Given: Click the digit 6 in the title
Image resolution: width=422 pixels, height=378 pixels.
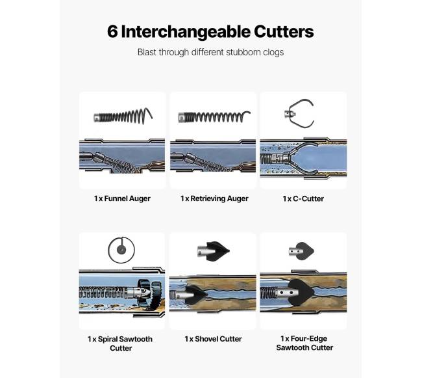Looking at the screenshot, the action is [x=112, y=31].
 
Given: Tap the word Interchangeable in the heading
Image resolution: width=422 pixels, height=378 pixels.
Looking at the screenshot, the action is [x=186, y=31].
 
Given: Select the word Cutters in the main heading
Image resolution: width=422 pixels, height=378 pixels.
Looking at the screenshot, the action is [x=284, y=31].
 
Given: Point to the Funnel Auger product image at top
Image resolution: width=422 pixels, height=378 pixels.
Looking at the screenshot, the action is [x=123, y=116].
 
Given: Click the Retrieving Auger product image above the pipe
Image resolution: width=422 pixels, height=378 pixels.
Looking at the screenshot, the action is [x=214, y=116].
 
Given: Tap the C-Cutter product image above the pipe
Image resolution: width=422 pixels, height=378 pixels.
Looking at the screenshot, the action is [x=299, y=113].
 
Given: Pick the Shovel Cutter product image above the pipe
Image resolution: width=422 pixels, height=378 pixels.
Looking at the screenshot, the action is [x=213, y=252].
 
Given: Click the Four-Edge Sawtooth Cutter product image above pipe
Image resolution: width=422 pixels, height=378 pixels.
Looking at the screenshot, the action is [x=301, y=251].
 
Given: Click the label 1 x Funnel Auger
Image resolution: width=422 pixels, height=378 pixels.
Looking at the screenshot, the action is [x=122, y=198].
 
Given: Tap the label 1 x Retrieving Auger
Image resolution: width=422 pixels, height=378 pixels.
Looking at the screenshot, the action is [x=214, y=198].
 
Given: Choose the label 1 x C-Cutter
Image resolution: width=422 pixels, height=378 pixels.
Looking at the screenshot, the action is [x=303, y=198].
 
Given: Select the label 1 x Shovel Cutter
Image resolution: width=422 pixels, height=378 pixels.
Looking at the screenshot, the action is [x=213, y=339].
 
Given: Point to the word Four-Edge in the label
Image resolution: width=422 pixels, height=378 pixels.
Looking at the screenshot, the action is [x=309, y=338].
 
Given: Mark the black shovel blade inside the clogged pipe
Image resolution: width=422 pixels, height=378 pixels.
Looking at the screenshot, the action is [x=195, y=294].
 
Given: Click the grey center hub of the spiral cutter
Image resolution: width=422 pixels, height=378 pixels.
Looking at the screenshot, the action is [x=121, y=250].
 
